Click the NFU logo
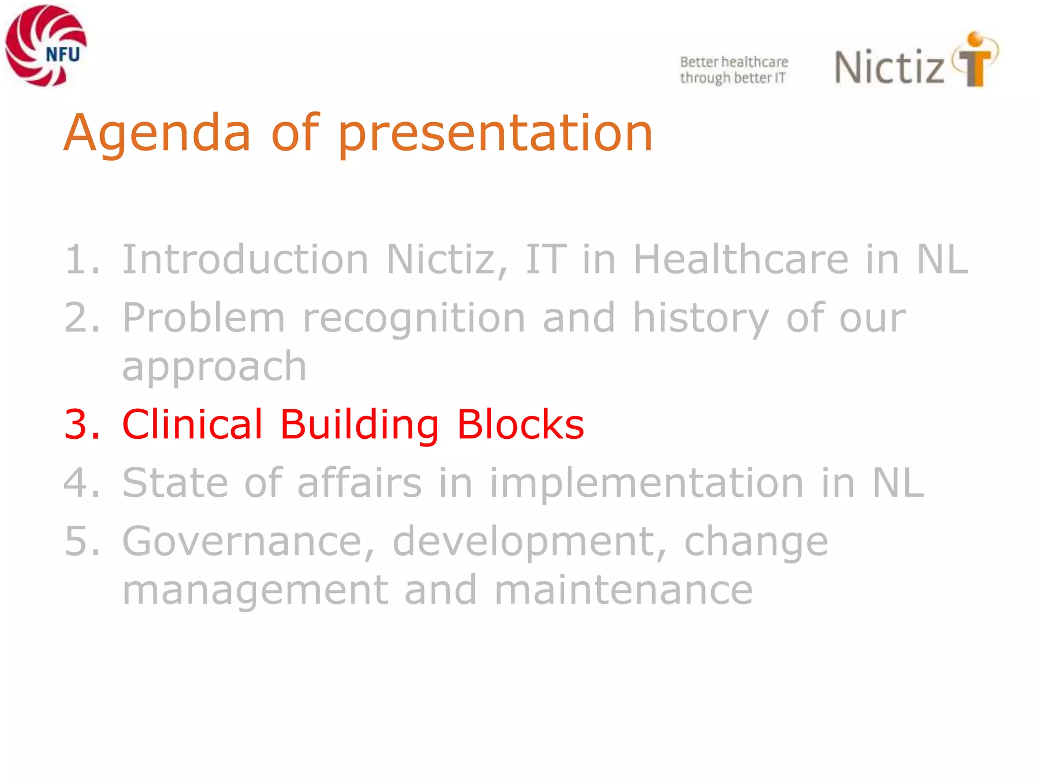(46, 46)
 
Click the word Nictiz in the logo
(890, 68)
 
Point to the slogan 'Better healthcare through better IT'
(733, 70)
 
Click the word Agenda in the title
(157, 133)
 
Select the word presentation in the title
(495, 133)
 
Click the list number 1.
(76, 260)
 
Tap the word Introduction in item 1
(245, 260)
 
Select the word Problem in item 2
(203, 318)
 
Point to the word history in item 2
(700, 318)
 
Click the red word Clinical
(192, 425)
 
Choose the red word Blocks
(520, 425)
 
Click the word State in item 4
(175, 483)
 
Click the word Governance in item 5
(248, 542)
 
